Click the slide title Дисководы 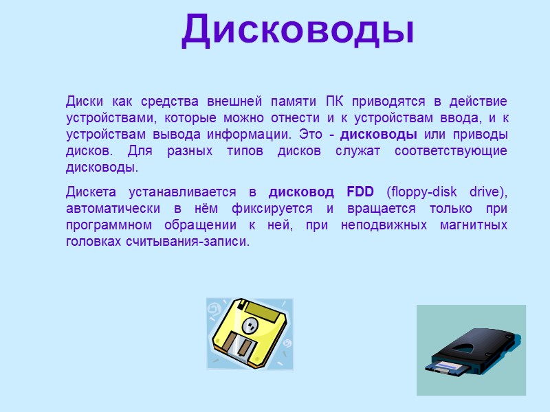point(298,31)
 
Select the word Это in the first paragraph point(311,134)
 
